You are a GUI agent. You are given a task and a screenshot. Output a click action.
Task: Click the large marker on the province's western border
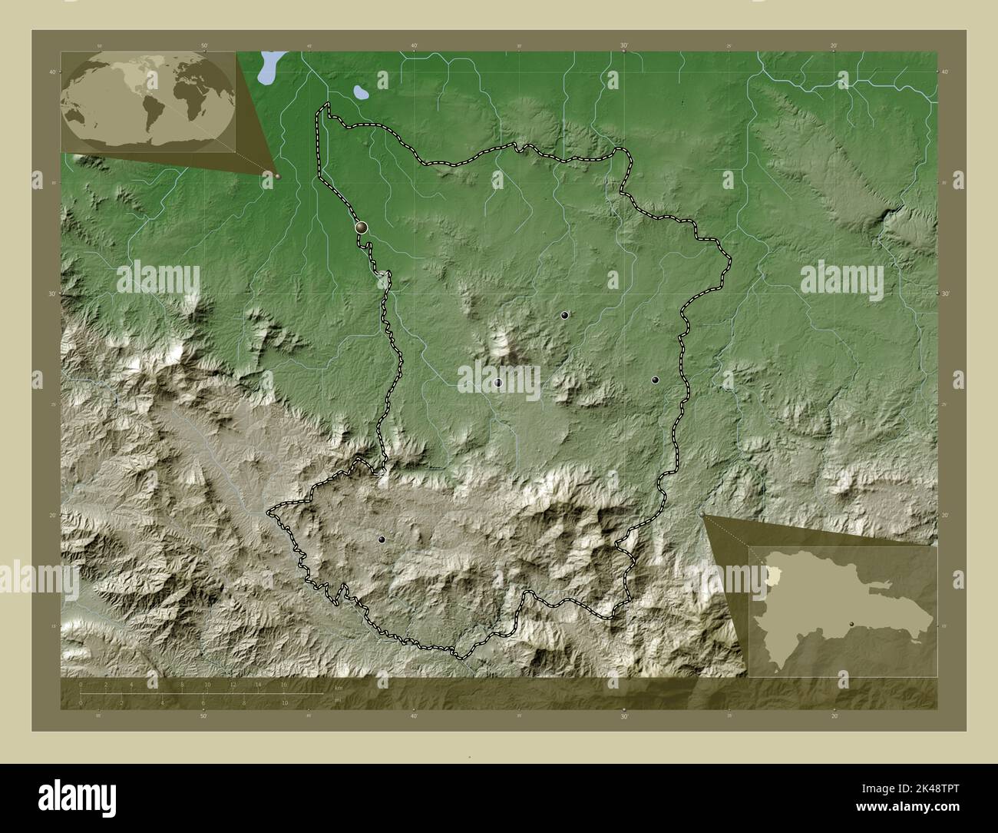[x=361, y=227]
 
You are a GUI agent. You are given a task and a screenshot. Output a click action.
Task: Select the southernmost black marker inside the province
[x=382, y=540]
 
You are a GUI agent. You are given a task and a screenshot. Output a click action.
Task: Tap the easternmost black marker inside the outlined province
[x=655, y=380]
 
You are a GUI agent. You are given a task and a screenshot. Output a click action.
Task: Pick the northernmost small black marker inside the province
[x=564, y=315]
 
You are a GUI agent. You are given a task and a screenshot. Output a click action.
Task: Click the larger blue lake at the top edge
[x=269, y=67]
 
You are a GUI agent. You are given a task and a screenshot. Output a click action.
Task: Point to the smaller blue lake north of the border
[x=359, y=93]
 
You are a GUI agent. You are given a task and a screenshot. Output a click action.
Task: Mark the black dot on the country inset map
[x=851, y=624]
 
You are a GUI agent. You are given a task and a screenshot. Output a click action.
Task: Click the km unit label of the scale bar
[x=338, y=688]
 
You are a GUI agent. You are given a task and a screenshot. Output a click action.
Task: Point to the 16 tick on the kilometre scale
[x=283, y=684]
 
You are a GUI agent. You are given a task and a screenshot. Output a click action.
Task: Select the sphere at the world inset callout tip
[x=278, y=176]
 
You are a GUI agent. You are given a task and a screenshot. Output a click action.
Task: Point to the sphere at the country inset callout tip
[x=703, y=516]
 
